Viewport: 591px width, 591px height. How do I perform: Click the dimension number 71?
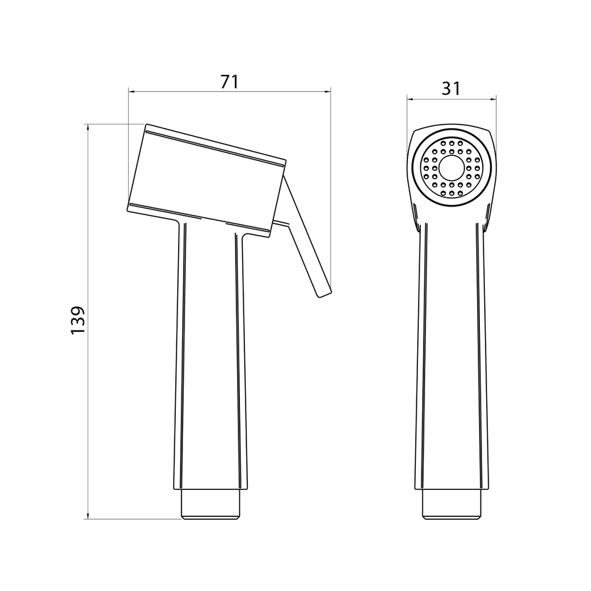229,81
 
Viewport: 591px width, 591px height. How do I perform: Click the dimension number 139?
78,320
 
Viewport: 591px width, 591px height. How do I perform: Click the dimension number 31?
451,88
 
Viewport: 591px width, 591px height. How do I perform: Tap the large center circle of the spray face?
451,168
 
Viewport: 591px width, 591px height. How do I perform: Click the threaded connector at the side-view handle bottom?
210,504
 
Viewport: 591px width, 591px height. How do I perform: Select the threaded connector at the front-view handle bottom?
451,504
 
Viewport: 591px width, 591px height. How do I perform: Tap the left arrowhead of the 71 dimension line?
132,91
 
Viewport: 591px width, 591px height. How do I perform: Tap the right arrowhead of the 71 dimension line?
328,91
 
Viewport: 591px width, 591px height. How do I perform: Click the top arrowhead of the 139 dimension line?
88,127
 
